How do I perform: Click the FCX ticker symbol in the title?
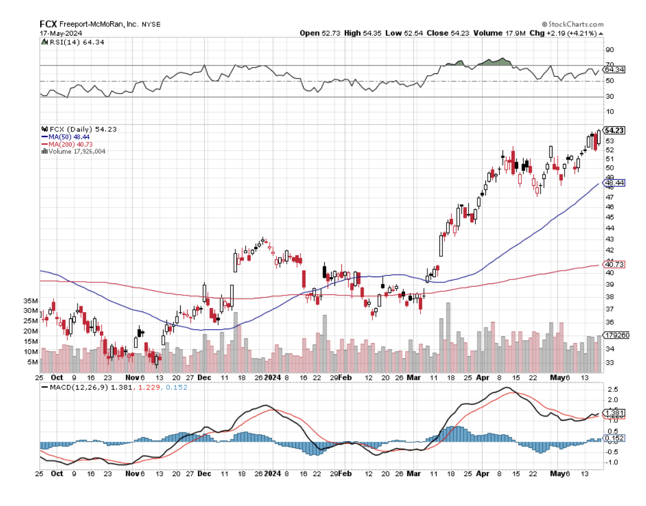(47, 24)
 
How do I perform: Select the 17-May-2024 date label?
(55, 33)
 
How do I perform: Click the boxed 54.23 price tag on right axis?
(614, 130)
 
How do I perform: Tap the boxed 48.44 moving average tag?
(614, 182)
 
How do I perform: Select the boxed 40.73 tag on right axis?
(614, 264)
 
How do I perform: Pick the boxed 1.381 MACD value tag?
(614, 413)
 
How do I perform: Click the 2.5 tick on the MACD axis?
(612, 389)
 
